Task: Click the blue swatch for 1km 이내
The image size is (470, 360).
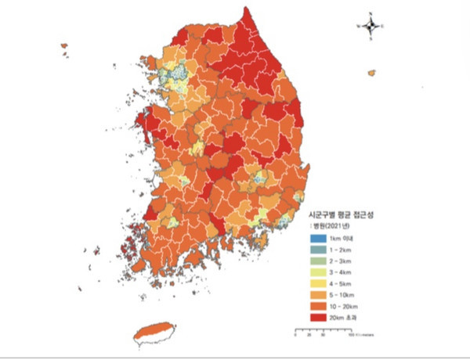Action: [x=316, y=237]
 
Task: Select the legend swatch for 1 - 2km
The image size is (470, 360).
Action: [x=316, y=249]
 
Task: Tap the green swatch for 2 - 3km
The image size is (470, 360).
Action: [x=316, y=261]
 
